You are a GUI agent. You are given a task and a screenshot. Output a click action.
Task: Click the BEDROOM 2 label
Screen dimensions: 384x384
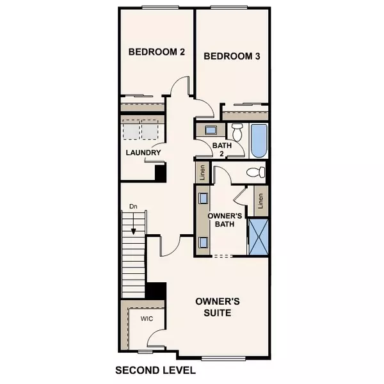tap(156, 52)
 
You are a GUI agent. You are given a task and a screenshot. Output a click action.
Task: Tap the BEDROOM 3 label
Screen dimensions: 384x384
tap(232, 56)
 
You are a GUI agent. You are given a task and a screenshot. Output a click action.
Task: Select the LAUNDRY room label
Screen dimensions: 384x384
tap(143, 152)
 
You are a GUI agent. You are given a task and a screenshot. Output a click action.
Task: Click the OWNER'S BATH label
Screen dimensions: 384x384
tap(226, 219)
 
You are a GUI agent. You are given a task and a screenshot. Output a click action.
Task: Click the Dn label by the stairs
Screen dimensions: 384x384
tap(132, 207)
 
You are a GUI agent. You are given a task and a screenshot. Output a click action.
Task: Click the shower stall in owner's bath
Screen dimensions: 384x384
tap(259, 236)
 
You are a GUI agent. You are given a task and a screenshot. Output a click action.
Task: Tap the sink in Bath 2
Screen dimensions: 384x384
tap(211, 130)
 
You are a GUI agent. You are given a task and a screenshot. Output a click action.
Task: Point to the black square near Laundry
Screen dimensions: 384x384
tap(161, 172)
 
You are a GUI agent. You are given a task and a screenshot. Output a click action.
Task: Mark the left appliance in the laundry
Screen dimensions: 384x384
tap(131, 131)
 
